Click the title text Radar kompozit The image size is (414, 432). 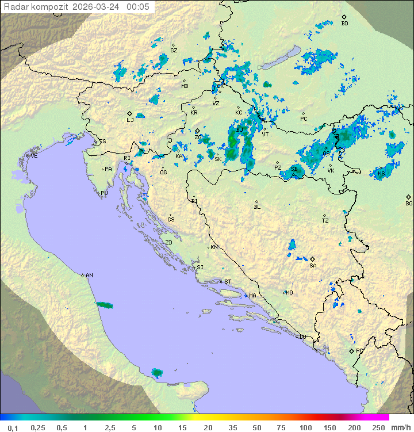[36, 7]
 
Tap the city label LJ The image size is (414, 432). [130, 120]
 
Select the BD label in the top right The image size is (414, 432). [344, 24]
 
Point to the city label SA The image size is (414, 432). [313, 265]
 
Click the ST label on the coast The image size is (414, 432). [228, 282]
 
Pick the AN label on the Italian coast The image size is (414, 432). [89, 276]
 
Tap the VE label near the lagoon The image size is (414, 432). [34, 156]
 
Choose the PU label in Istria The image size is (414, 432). [104, 193]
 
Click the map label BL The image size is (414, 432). [257, 207]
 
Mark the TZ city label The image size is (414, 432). [325, 220]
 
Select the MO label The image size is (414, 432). [289, 293]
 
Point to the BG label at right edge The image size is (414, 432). [409, 203]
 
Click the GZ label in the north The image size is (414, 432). [174, 50]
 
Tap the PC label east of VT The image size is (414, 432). [304, 119]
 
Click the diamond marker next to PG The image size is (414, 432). [351, 351]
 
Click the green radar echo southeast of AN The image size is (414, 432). [105, 305]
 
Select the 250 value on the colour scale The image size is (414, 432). [378, 427]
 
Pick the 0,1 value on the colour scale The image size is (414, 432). [13, 427]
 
